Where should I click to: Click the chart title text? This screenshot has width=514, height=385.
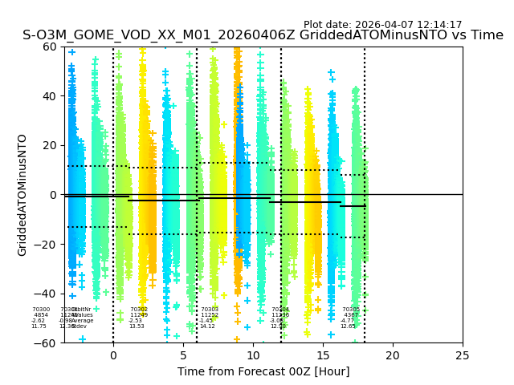coord(263,35)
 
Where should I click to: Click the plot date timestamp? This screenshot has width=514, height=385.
coord(382,25)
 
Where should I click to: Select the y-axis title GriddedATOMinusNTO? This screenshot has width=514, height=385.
coord(22,195)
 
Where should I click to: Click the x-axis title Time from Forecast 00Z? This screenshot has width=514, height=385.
coord(263,371)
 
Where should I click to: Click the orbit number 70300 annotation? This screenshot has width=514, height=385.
coord(41,310)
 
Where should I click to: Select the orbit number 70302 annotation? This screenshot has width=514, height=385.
coord(139,310)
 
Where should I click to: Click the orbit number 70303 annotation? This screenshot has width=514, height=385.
coord(210,310)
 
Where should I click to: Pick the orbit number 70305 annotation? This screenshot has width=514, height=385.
coord(351,310)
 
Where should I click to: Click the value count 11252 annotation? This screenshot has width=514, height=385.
coord(210,315)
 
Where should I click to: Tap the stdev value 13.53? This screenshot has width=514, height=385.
coord(137,326)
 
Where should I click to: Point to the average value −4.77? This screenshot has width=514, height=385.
coord(347,321)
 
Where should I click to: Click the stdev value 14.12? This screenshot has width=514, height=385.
coord(207,326)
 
